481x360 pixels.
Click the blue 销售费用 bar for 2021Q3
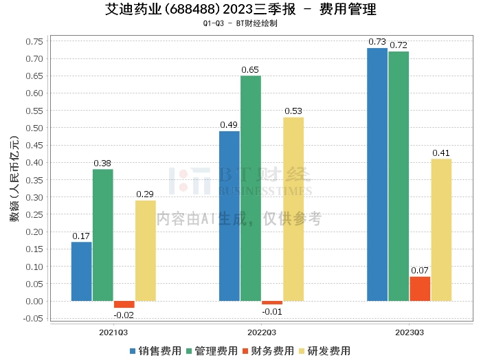coord(81,271)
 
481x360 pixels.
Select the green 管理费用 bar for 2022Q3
coord(251,188)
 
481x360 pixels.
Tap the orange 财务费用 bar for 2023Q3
coord(420,289)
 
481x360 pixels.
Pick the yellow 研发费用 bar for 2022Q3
coord(293,209)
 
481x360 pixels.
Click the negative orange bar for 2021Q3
coord(124,304)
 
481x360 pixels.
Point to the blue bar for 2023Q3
coord(377,175)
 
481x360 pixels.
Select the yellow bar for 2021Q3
coord(146,251)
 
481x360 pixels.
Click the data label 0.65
coord(250,70)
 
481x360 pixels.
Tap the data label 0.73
coord(377,42)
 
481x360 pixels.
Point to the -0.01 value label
coord(272,311)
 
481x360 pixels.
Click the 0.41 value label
coord(441,153)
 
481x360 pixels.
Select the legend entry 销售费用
coord(155,351)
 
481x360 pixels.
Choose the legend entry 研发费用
coord(324,351)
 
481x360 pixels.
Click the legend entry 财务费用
coord(268,351)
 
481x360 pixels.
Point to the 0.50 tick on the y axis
coord(34,128)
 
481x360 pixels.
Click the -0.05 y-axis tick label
coord(33,318)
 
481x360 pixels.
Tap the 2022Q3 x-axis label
coord(262,333)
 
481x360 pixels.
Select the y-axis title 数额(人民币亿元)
coord(14,179)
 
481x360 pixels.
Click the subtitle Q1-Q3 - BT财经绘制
coord(240,23)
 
